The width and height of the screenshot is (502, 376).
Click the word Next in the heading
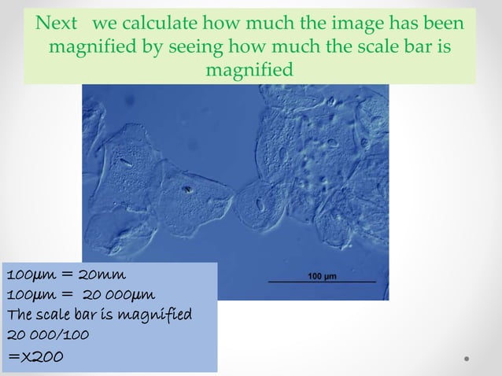(57, 24)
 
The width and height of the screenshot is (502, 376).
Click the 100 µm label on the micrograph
(322, 276)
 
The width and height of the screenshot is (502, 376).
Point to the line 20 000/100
(47, 334)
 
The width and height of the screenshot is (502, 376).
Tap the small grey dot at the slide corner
(467, 359)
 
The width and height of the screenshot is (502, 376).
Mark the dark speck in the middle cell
(187, 189)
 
